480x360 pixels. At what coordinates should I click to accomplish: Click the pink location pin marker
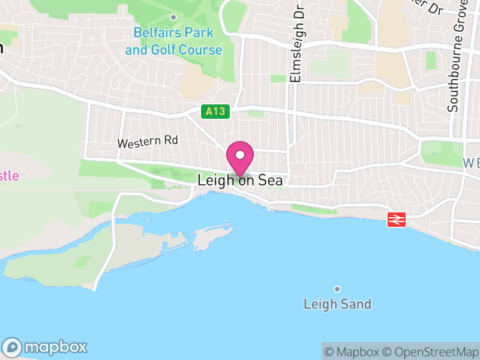click(x=240, y=158)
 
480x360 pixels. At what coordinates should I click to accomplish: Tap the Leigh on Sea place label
click(x=240, y=180)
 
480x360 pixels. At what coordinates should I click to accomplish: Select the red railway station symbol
click(x=396, y=220)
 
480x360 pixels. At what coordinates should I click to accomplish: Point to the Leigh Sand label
click(x=337, y=304)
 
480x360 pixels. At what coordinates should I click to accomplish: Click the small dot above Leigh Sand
click(x=337, y=289)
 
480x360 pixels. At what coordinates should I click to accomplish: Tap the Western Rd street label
click(x=148, y=142)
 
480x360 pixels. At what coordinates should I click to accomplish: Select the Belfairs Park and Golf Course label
click(x=173, y=41)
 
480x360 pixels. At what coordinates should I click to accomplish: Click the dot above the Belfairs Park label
click(x=173, y=17)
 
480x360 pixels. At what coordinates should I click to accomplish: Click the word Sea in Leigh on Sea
click(x=270, y=180)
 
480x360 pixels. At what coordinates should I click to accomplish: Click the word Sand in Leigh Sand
click(x=356, y=304)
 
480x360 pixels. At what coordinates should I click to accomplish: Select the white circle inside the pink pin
click(x=240, y=155)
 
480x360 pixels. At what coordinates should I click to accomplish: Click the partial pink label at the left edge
click(x=9, y=176)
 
